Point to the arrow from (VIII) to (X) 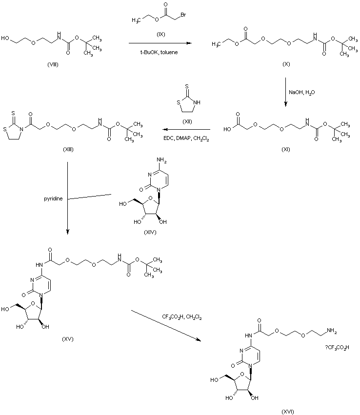(160, 43)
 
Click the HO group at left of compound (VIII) (5, 38)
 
